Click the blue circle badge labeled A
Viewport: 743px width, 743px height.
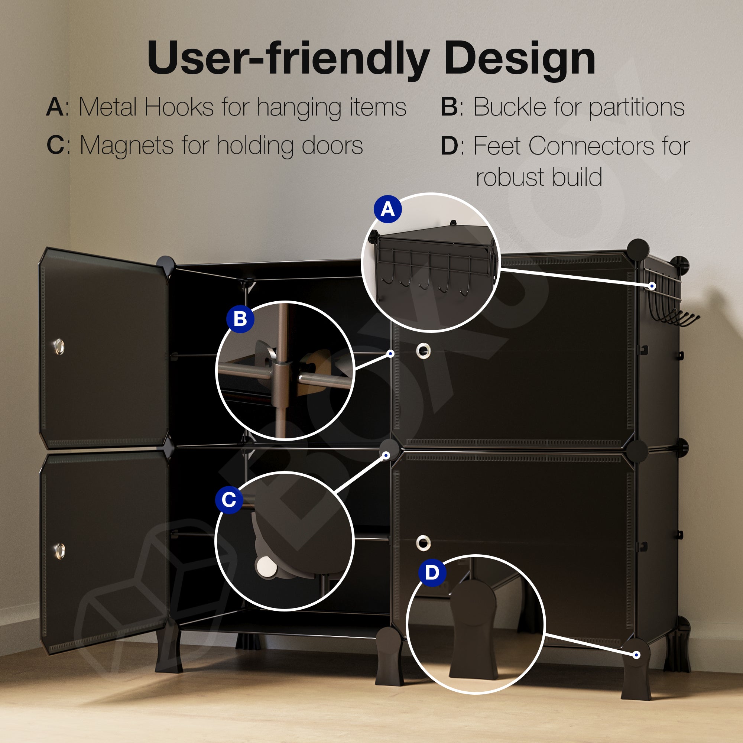coord(387,209)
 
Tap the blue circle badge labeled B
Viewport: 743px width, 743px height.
coord(240,319)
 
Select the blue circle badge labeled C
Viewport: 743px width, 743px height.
coord(229,500)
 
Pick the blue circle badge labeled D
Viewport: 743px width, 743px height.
coord(432,572)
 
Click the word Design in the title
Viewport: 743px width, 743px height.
coord(520,59)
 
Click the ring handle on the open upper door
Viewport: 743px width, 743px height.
coord(59,346)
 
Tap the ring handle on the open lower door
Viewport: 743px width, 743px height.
coord(59,551)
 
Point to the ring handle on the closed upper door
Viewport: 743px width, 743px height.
coord(424,350)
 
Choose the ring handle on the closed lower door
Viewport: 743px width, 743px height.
coord(423,543)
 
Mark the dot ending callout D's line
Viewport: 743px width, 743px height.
coord(636,655)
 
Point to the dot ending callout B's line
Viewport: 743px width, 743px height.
coord(391,353)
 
